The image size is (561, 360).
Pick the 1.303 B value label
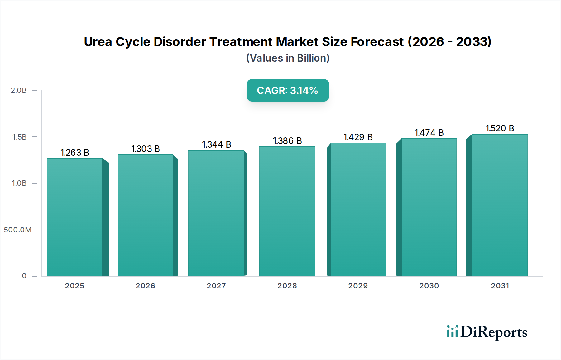(x=146, y=149)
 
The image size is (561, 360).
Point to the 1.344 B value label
(x=217, y=144)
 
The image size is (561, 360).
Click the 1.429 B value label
(x=358, y=137)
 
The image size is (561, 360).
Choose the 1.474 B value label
(x=429, y=133)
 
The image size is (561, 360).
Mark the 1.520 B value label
(x=500, y=128)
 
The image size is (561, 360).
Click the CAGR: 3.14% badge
(x=288, y=90)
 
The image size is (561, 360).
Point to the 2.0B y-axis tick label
(x=19, y=90)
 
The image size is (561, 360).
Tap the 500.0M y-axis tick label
(x=18, y=230)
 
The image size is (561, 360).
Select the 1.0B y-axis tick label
(x=19, y=183)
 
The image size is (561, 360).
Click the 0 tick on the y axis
(x=24, y=276)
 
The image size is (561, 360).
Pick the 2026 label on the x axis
(x=145, y=286)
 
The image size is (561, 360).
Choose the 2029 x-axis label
(x=358, y=286)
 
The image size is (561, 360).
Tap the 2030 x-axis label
(x=429, y=286)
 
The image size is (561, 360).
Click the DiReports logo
(x=487, y=332)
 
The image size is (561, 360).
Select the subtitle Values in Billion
(x=288, y=58)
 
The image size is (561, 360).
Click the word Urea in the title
(x=98, y=42)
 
